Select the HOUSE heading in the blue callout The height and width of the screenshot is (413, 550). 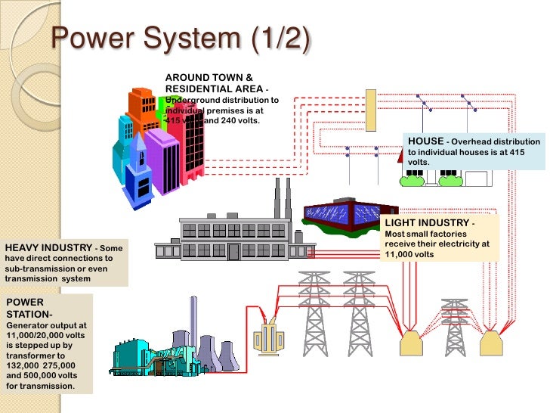tap(425, 141)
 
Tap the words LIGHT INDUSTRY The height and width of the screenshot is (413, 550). tap(426, 224)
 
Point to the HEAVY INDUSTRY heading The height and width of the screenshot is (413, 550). tap(48, 248)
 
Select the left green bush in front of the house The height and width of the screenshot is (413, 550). tap(412, 178)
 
